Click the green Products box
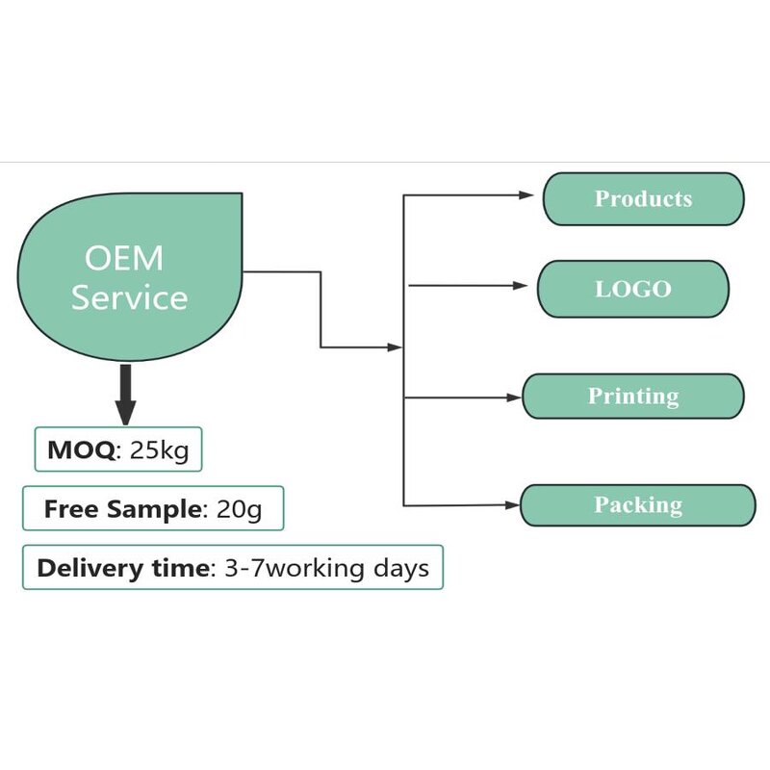pyautogui.click(x=643, y=199)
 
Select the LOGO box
pyautogui.click(x=632, y=289)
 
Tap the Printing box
pyautogui.click(x=632, y=397)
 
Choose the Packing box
pyautogui.click(x=637, y=505)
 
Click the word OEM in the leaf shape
pyautogui.click(x=124, y=259)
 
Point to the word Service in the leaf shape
pyautogui.click(x=129, y=297)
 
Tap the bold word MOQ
pyautogui.click(x=80, y=449)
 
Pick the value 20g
pyautogui.click(x=239, y=509)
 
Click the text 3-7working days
pyautogui.click(x=325, y=568)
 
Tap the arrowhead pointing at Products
pyautogui.click(x=526, y=194)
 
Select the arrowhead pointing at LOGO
pyautogui.click(x=521, y=286)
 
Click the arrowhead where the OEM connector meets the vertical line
pyautogui.click(x=395, y=346)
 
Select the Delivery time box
pyautogui.click(x=232, y=568)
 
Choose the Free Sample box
pyautogui.click(x=153, y=509)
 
